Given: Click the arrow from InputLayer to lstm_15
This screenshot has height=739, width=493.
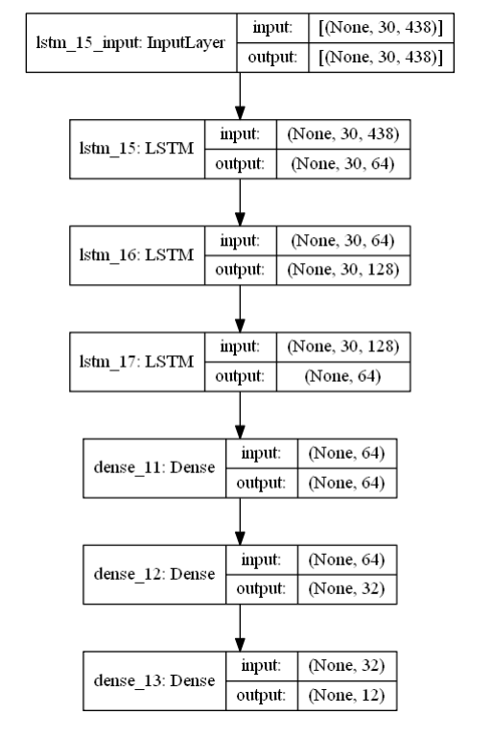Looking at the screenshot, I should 239,97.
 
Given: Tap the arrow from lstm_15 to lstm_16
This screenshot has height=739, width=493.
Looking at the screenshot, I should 239,202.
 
